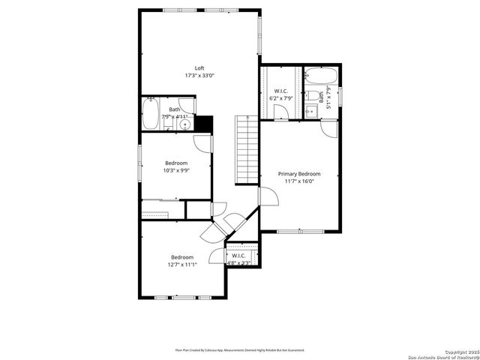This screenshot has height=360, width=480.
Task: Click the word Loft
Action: (199, 68)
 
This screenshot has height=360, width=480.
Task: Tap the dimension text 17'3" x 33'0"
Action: (199, 76)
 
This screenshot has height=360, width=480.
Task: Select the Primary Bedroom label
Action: (299, 173)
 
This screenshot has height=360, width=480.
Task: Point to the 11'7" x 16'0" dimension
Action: (299, 181)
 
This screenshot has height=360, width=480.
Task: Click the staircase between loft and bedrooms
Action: (247, 150)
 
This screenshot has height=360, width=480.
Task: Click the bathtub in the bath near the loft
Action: (148, 116)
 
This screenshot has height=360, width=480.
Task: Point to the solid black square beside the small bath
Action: (204, 124)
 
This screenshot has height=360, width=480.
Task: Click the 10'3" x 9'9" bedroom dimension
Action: (176, 170)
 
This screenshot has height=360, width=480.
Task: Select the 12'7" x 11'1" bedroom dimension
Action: (181, 264)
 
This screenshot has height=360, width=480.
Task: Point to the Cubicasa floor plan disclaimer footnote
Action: (240, 349)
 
